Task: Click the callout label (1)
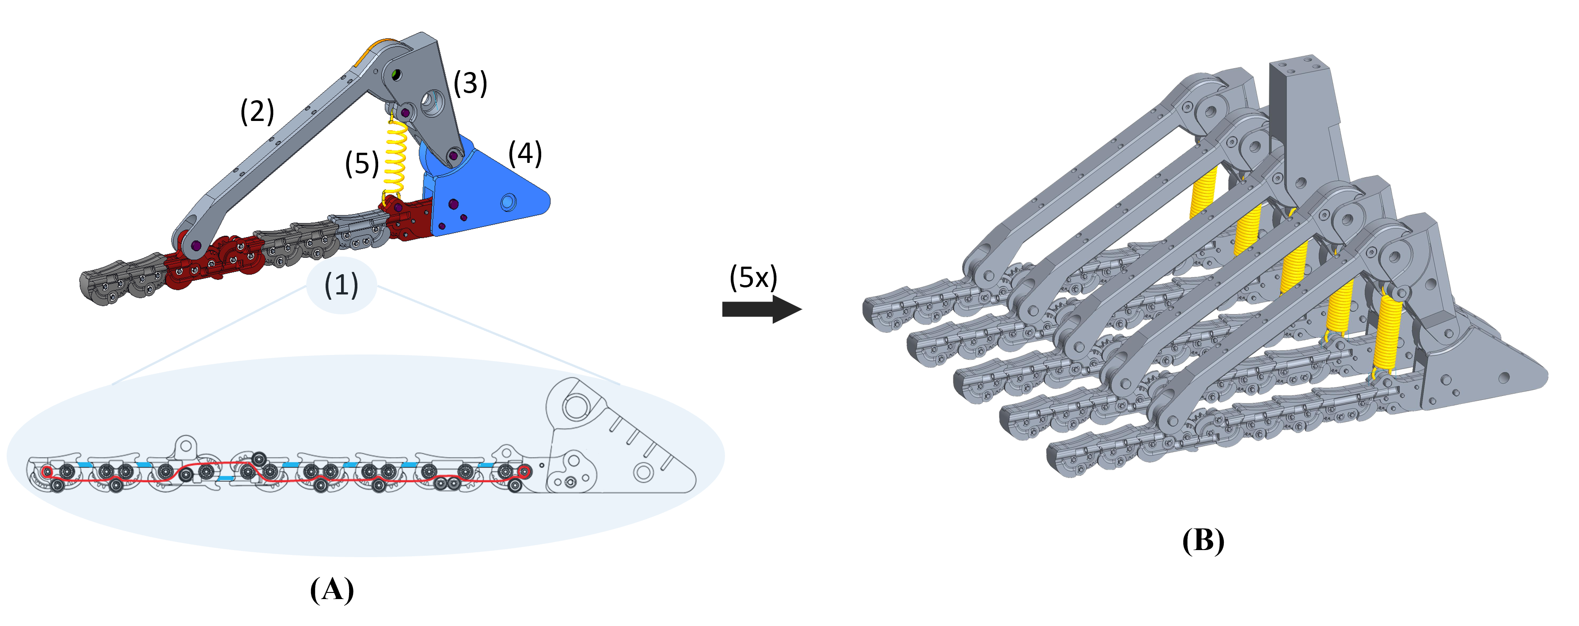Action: pos(342,285)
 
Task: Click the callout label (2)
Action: pos(257,112)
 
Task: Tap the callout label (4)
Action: pos(525,153)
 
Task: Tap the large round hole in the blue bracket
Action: pos(508,201)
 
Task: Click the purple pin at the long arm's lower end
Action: pos(196,245)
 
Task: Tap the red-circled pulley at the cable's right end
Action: pos(524,471)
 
